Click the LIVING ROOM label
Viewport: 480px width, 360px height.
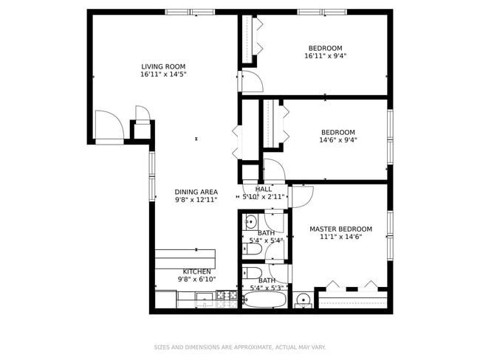coord(163,66)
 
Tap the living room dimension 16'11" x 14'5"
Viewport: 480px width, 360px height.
coord(163,75)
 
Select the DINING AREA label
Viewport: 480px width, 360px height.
coord(196,192)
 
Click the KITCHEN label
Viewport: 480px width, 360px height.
coord(196,271)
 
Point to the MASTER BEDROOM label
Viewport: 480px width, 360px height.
coord(340,229)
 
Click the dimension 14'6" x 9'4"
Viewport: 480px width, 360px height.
coord(337,140)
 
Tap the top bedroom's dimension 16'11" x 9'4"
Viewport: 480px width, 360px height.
coord(325,56)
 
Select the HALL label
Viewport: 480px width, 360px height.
coord(263,190)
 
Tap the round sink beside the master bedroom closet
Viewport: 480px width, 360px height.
coord(303,300)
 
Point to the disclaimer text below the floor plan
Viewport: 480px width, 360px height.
coord(239,347)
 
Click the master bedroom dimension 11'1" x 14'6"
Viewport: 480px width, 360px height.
coord(340,238)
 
